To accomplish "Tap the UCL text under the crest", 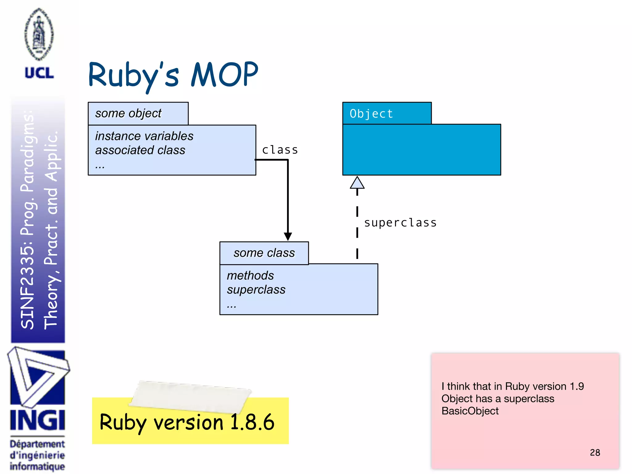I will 39,73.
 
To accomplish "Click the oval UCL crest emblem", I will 39,34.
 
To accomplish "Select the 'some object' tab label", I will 128,113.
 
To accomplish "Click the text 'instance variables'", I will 144,136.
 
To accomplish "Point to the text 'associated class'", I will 140,150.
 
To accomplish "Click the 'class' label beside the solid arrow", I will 280,150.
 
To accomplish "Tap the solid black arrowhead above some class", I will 288,236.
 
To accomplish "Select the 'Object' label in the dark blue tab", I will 371,114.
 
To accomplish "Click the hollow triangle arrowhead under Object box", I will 357,183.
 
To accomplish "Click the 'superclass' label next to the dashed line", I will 400,223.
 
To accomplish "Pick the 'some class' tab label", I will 264,253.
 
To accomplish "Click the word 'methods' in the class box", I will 250,276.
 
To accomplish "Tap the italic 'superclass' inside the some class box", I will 256,290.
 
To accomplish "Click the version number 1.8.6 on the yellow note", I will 252,422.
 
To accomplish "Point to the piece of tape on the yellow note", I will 190,397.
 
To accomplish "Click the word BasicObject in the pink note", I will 470,411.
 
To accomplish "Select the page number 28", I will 595,452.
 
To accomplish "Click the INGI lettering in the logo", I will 38,420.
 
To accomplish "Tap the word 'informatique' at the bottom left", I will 37,466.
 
